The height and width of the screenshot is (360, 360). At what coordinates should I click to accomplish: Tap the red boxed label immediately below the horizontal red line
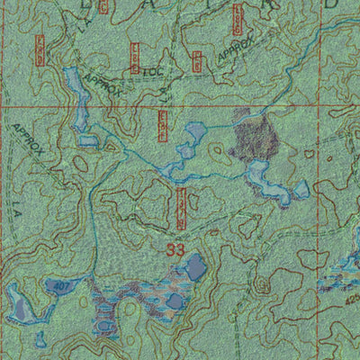point(163,126)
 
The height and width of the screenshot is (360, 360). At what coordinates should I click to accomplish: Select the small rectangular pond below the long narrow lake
point(88,139)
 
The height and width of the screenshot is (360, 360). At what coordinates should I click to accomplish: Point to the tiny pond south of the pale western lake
point(40,338)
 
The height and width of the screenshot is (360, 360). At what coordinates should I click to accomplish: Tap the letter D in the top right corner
point(330,4)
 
